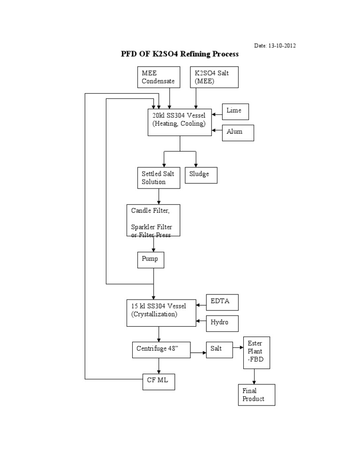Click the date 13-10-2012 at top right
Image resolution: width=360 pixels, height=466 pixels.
(x=275, y=45)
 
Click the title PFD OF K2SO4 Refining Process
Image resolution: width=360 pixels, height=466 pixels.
(x=180, y=54)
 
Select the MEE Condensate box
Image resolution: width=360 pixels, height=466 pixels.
(x=158, y=77)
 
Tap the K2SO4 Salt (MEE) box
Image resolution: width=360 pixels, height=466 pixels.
(x=214, y=77)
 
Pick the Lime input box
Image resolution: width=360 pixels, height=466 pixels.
(x=235, y=111)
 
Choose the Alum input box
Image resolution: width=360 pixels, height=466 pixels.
(x=238, y=132)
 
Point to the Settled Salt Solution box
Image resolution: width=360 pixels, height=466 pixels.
(x=158, y=178)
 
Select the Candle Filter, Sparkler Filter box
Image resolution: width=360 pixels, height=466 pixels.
(x=153, y=220)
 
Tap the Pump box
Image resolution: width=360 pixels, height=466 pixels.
(x=150, y=258)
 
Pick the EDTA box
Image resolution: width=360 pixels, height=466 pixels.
(x=223, y=302)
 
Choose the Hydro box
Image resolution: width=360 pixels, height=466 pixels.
(x=223, y=323)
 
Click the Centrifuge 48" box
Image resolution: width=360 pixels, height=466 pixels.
(x=161, y=349)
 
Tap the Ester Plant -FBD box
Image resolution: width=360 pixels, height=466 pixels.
(x=255, y=352)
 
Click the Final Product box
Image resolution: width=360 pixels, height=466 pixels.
(x=256, y=395)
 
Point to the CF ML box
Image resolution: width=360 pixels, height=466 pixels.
(x=159, y=381)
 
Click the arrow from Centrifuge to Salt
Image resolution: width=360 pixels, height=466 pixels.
(x=198, y=353)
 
